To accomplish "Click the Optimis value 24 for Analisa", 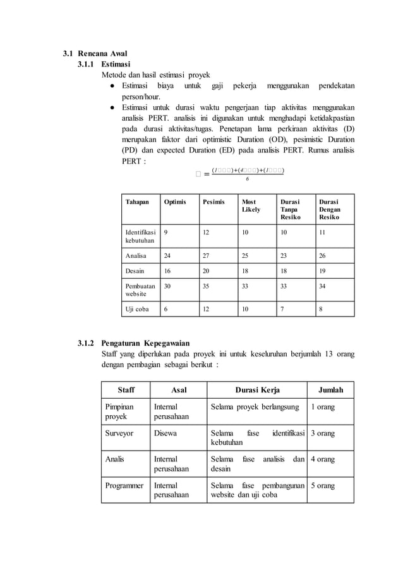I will click(x=168, y=256).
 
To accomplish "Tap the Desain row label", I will click(x=135, y=270).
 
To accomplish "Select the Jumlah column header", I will click(x=329, y=389).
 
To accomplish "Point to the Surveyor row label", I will click(x=119, y=434).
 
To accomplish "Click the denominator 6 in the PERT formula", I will click(x=247, y=178).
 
